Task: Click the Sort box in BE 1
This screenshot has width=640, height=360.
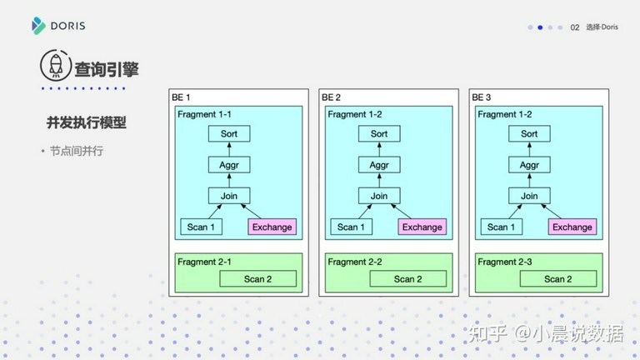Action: click(x=229, y=133)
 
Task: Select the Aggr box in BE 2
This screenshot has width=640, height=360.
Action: click(x=379, y=165)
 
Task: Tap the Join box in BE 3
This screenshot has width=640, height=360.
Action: click(x=529, y=196)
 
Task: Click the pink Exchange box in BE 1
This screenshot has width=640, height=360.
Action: click(x=272, y=227)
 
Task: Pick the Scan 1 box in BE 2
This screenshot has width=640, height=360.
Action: click(x=351, y=227)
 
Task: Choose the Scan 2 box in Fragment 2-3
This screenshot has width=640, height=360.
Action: click(x=558, y=279)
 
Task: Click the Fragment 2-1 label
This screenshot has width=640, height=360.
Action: click(x=204, y=262)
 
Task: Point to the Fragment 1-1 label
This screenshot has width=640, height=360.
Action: click(x=204, y=114)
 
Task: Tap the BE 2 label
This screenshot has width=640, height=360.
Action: click(x=331, y=97)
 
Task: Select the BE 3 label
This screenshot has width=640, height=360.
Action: click(x=481, y=97)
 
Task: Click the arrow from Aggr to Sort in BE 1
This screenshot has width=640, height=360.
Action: click(x=229, y=149)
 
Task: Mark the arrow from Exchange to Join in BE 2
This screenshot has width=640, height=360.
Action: click(x=401, y=212)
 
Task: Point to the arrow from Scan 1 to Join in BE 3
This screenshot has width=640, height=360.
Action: click(x=515, y=212)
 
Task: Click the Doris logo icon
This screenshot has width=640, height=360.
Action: click(x=38, y=26)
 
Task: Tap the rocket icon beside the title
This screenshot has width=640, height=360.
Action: click(x=56, y=65)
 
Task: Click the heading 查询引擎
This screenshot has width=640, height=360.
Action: click(x=107, y=69)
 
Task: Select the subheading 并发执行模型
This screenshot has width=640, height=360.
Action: click(x=87, y=122)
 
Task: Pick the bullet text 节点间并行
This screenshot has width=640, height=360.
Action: click(x=77, y=151)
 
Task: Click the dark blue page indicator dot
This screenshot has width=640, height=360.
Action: click(x=540, y=27)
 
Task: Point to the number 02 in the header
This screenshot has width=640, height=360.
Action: click(x=575, y=27)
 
